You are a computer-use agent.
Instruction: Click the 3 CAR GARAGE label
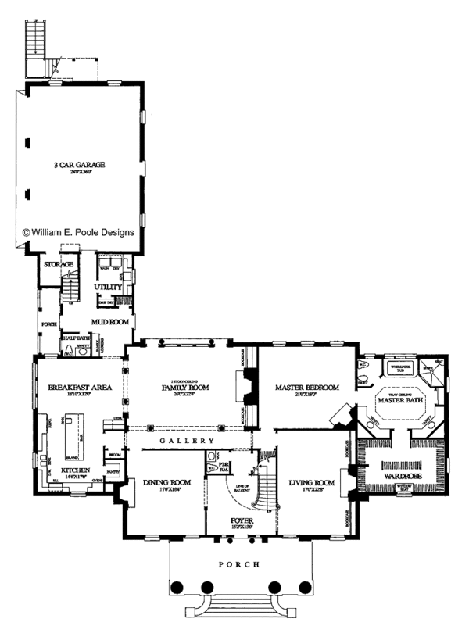(x=80, y=165)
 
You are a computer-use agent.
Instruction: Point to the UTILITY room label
(x=108, y=288)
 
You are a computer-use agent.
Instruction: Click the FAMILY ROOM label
(x=181, y=388)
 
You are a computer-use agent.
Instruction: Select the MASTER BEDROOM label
(x=307, y=388)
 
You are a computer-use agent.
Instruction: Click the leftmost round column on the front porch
(x=177, y=587)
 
